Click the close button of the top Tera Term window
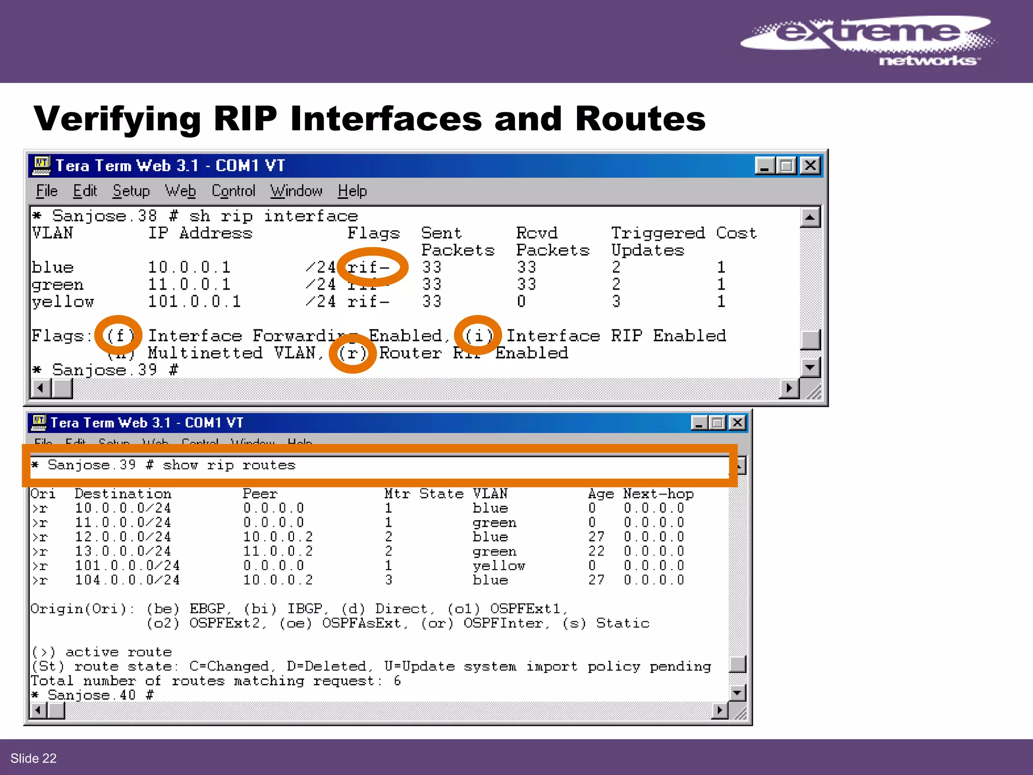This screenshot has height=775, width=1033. click(x=810, y=165)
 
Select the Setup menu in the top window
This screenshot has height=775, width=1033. click(x=131, y=191)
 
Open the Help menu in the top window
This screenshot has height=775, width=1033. click(x=352, y=191)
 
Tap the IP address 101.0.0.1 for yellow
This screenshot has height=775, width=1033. click(x=194, y=302)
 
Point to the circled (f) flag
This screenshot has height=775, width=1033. click(x=119, y=336)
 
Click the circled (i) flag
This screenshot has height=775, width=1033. click(x=478, y=336)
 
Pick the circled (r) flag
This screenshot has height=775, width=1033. click(x=352, y=353)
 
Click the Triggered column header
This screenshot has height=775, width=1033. click(x=658, y=233)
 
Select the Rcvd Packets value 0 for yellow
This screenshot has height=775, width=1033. click(x=521, y=302)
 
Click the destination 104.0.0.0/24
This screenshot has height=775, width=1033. click(x=127, y=580)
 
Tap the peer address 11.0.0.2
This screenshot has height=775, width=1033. click(x=277, y=551)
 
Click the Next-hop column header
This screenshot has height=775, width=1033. click(x=658, y=494)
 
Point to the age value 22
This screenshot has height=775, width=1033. click(x=596, y=551)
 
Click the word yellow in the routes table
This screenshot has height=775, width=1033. click(x=498, y=566)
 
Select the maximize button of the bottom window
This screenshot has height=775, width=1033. click(x=717, y=423)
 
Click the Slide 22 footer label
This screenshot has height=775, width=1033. click(x=33, y=758)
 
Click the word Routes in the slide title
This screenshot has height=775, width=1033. click(x=640, y=119)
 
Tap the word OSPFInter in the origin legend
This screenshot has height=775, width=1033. click(x=502, y=624)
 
